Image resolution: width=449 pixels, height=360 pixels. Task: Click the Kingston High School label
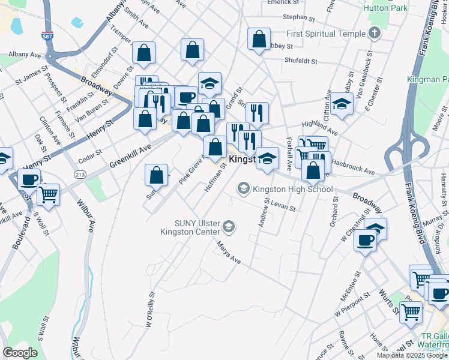292,189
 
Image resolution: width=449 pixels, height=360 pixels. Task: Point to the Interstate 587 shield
47,37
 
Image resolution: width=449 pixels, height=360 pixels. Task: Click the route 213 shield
79,174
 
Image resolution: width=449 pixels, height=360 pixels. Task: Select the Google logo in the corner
20,353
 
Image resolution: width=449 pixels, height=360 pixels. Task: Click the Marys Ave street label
229,255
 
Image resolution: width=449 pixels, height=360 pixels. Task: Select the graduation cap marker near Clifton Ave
342,103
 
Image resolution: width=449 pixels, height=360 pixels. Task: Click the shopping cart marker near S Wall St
48,193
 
